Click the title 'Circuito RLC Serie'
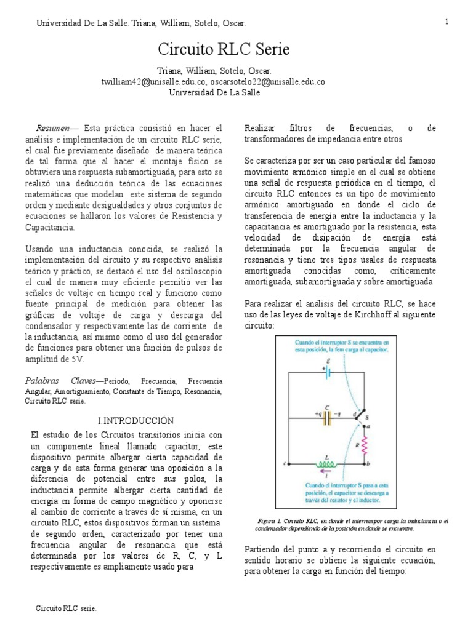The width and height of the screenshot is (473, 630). point(224,49)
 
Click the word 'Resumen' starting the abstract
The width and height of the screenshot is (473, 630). point(54,128)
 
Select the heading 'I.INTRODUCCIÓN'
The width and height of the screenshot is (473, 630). point(136,420)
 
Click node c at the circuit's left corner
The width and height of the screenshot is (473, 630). point(285,463)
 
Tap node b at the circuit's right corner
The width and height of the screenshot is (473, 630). point(368,463)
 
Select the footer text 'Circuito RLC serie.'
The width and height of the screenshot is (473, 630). point(67,608)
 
